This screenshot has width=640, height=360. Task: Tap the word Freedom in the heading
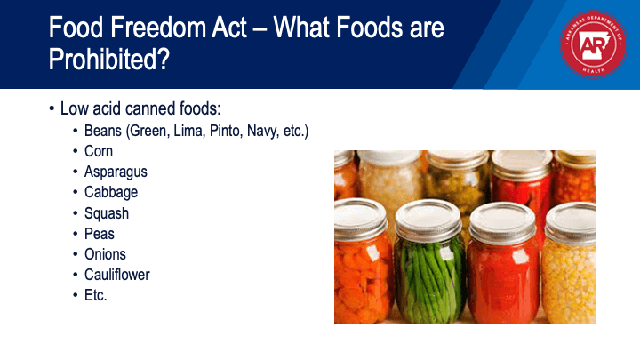coord(157,28)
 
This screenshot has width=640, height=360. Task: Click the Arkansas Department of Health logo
coord(594,44)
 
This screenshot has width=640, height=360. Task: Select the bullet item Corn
coord(99,151)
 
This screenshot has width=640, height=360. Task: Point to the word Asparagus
coord(116,172)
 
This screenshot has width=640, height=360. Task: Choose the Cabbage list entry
coord(111,192)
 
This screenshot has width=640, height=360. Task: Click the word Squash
coord(107,213)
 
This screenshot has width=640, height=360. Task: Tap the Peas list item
coord(100,234)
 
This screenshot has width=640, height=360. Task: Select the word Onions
coord(105,254)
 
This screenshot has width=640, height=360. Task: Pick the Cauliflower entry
coord(116,275)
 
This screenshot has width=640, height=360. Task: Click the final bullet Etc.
coord(95,295)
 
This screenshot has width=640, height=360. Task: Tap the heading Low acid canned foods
coord(140,108)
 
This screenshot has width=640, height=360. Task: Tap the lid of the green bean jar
coord(428,220)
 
